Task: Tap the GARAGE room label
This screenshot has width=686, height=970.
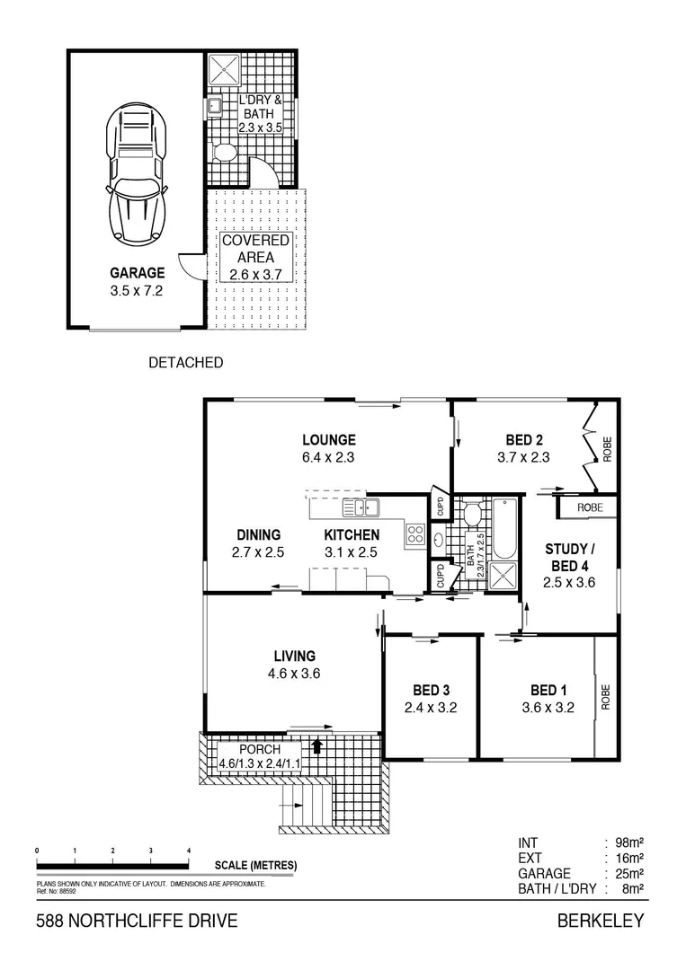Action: [x=137, y=272]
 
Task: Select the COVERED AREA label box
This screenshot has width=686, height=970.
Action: [x=255, y=257]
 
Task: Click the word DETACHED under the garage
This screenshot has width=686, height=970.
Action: [x=184, y=363]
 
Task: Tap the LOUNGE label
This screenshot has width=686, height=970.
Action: [x=328, y=440]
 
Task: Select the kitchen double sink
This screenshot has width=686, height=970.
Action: [x=365, y=507]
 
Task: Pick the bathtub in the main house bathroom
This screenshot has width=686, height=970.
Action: [x=502, y=530]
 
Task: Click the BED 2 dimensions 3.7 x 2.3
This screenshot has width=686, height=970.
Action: [x=522, y=457]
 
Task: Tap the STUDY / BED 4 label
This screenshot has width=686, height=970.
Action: [x=569, y=556]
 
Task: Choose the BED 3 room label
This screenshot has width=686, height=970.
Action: [x=431, y=690]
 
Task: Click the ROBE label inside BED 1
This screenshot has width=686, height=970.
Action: [x=607, y=698]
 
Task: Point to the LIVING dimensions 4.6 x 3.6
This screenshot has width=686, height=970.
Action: [x=294, y=674]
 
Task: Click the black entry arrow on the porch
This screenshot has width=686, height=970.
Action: [x=316, y=745]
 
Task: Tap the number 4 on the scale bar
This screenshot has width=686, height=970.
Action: [x=189, y=850]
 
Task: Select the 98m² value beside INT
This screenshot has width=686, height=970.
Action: [x=628, y=842]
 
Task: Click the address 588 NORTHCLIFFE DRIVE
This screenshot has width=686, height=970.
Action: [x=136, y=921]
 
